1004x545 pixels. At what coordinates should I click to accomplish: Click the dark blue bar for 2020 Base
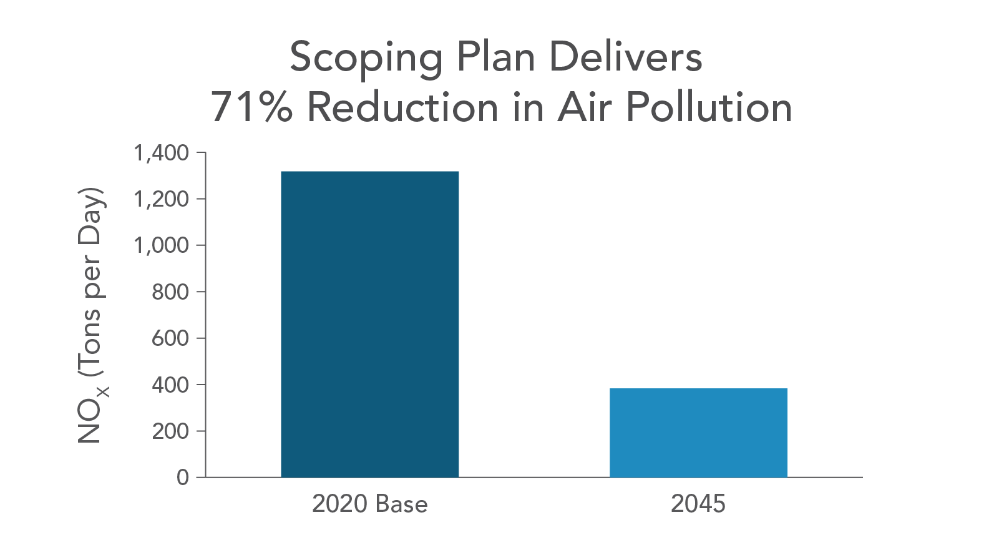click(369, 324)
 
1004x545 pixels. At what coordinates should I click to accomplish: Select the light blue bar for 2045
click(698, 433)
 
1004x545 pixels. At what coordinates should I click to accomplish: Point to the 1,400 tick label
click(161, 153)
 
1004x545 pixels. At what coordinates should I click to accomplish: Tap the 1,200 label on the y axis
click(161, 199)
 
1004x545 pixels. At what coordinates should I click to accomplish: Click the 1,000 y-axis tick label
click(161, 245)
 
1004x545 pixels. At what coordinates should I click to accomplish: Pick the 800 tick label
click(170, 292)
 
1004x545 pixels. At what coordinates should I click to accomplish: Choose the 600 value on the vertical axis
click(170, 338)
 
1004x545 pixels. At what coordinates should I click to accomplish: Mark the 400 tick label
click(170, 385)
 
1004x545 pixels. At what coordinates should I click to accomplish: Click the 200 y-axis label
click(170, 431)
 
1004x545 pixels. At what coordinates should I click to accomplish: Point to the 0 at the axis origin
click(182, 478)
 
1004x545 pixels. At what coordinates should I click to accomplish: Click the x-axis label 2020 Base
click(369, 504)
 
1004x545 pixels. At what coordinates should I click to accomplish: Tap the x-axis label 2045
click(698, 504)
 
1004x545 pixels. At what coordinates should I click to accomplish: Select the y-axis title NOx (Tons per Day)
click(92, 315)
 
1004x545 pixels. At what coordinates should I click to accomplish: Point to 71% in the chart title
click(251, 107)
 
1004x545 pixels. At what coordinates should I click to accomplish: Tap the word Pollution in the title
click(709, 107)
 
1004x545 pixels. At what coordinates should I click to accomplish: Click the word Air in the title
click(585, 107)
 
